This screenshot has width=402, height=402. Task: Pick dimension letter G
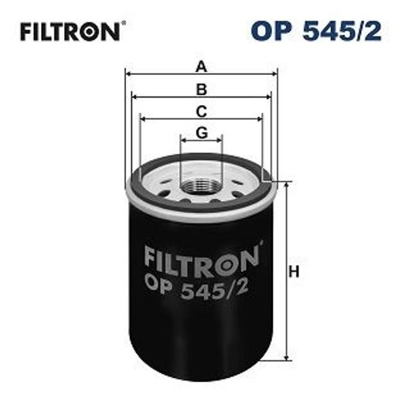[x=201, y=132]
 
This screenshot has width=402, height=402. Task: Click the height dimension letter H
[x=295, y=272]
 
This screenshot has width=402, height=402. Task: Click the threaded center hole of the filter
[x=201, y=186]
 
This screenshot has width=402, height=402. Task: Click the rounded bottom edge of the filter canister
[x=201, y=376]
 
